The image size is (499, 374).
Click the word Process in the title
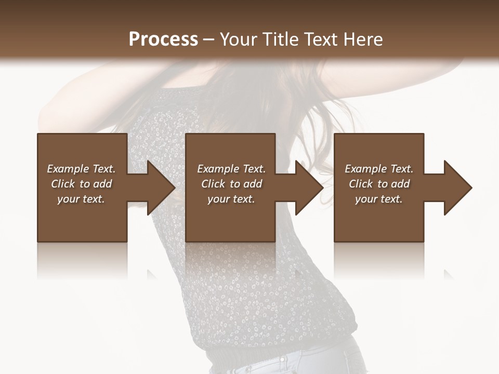(163, 39)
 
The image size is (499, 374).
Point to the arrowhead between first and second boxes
(160, 188)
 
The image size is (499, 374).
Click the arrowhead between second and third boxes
(308, 188)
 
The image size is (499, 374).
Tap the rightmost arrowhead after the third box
(457, 188)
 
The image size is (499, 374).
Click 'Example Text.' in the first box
(81, 169)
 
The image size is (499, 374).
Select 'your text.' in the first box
(81, 199)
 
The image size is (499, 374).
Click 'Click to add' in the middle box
(231, 184)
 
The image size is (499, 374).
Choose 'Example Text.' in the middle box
(231, 169)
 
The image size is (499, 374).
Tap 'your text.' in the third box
(379, 199)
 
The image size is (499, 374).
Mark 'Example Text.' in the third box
(379, 169)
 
